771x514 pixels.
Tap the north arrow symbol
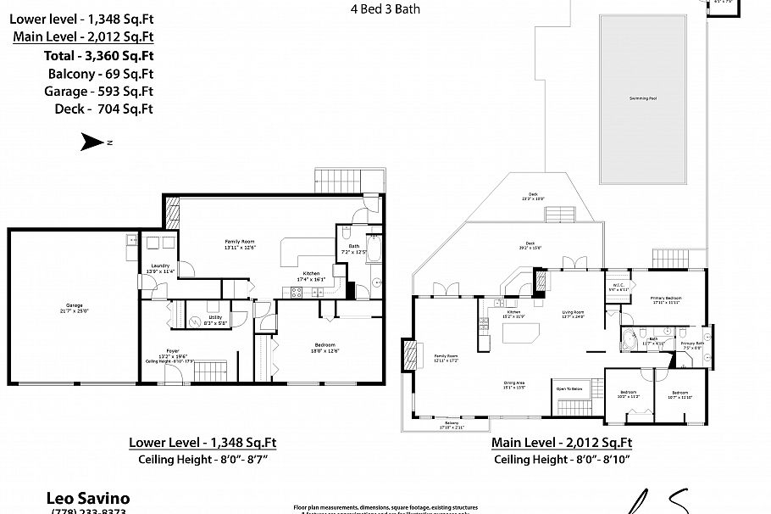coord(92,142)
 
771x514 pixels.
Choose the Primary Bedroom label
coord(666,299)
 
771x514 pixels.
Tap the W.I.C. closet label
coord(618,287)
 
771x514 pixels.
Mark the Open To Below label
coord(569,389)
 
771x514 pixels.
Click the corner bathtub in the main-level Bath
coord(630,341)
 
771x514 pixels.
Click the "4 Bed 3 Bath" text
coord(385,10)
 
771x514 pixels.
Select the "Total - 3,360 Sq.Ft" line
coord(99,55)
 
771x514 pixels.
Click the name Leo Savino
coord(86,499)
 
